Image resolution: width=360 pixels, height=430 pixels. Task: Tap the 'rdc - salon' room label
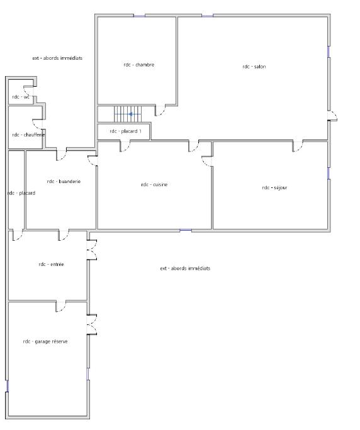(254, 66)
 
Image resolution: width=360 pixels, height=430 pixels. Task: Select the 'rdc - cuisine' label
(154, 185)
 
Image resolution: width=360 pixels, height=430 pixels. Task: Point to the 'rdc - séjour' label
(274, 187)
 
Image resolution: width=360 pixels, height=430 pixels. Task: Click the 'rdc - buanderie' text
(64, 181)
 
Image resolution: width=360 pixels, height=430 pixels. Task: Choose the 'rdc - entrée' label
(51, 265)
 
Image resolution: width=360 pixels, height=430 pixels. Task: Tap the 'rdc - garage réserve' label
(45, 341)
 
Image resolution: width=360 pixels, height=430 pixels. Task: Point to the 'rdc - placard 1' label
(130, 131)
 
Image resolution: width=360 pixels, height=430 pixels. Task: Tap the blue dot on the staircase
(131, 114)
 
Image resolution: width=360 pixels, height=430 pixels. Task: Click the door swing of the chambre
(160, 111)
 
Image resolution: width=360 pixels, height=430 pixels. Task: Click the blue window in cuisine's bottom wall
(186, 230)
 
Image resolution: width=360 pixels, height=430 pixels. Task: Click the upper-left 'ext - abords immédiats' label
(57, 58)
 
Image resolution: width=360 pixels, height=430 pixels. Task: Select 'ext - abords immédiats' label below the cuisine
(185, 268)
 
